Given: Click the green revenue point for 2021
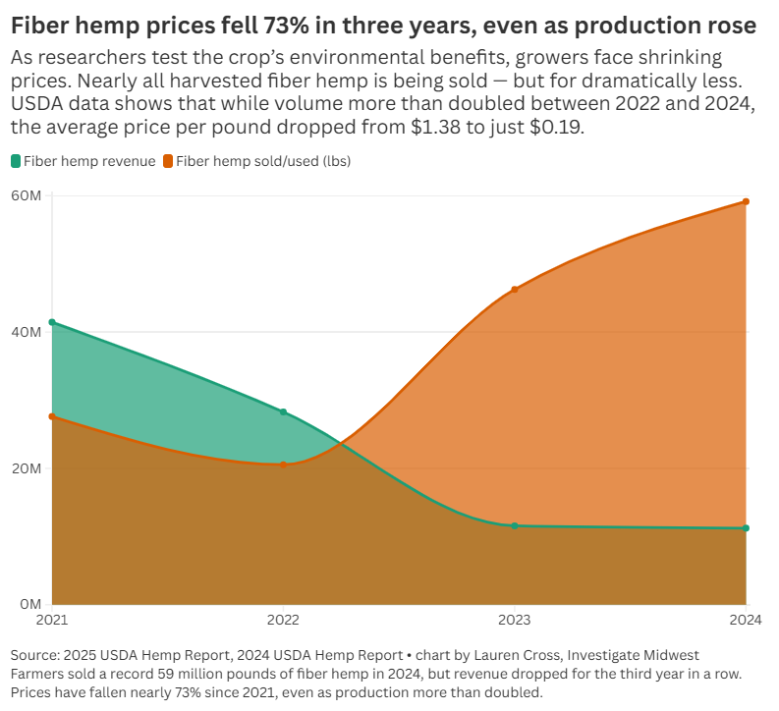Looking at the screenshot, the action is (52, 322).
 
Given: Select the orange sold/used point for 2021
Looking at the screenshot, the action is (52, 416).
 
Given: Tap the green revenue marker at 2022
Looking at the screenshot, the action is (283, 412).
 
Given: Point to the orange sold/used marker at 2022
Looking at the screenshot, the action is (283, 465).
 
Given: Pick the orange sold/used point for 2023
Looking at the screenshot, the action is (515, 290).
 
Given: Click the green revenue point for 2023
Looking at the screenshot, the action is (515, 525).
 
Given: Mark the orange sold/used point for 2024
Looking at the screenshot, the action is (746, 201).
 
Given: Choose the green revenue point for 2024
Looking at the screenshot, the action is (746, 528).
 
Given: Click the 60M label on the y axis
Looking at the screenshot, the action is (26, 195).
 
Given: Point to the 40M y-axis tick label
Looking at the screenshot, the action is (26, 332).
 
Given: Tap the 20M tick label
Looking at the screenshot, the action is (26, 468).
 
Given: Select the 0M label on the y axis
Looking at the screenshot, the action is (30, 604).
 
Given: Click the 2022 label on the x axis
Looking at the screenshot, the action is (283, 620).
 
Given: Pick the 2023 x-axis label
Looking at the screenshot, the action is (515, 620).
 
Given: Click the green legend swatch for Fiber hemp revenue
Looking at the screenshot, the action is (16, 161).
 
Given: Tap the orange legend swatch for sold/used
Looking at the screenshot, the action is (168, 161).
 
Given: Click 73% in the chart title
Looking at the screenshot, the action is (286, 26).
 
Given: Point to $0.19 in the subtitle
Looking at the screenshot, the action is (556, 127).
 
